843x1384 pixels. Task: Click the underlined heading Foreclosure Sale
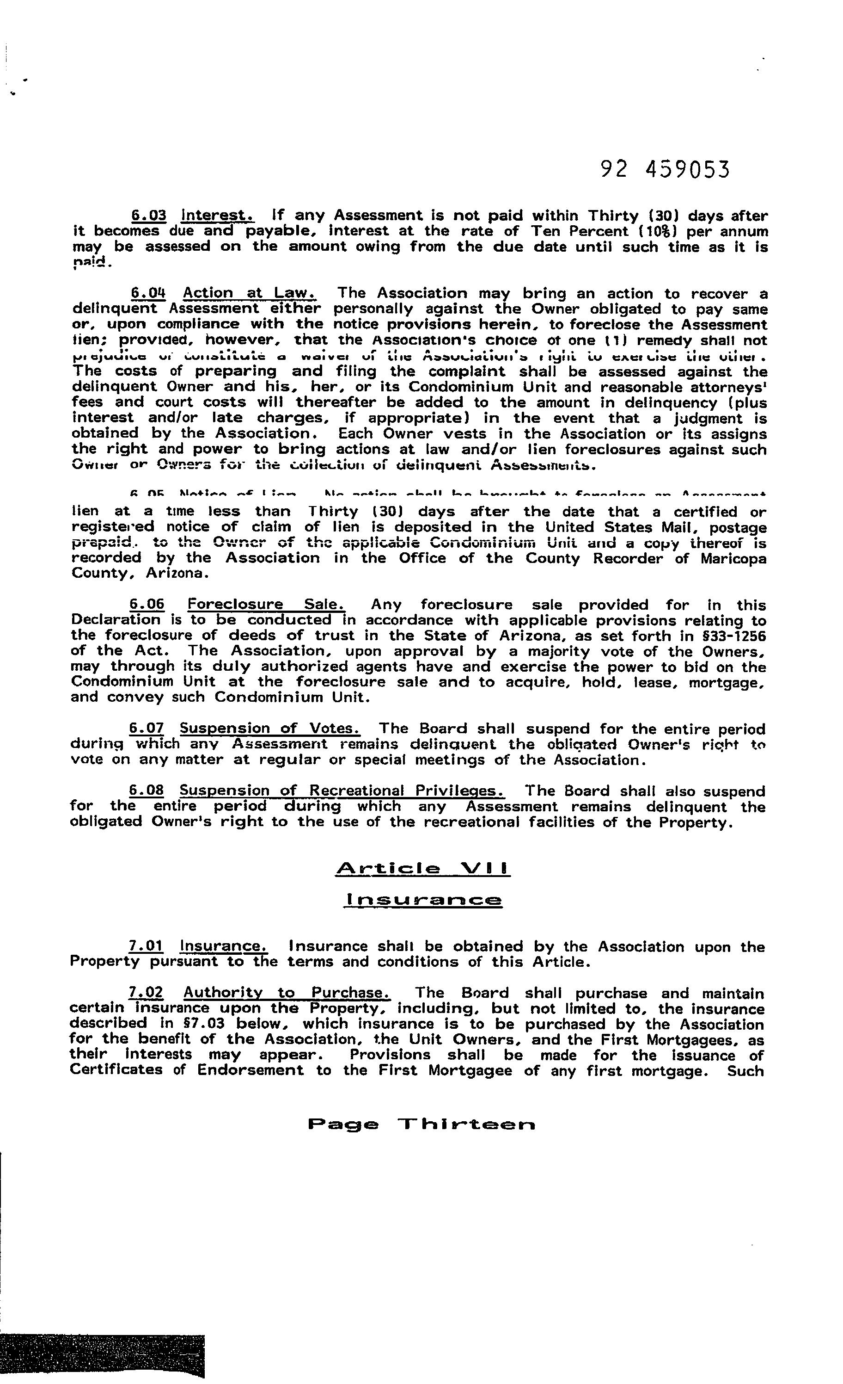click(x=266, y=605)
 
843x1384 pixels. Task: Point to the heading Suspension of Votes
click(x=269, y=729)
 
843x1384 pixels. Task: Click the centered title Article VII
click(x=422, y=869)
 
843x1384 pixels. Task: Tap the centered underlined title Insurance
click(x=422, y=900)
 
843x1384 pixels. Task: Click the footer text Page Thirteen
click(x=421, y=1124)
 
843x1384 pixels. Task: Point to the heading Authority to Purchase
click(x=286, y=993)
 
